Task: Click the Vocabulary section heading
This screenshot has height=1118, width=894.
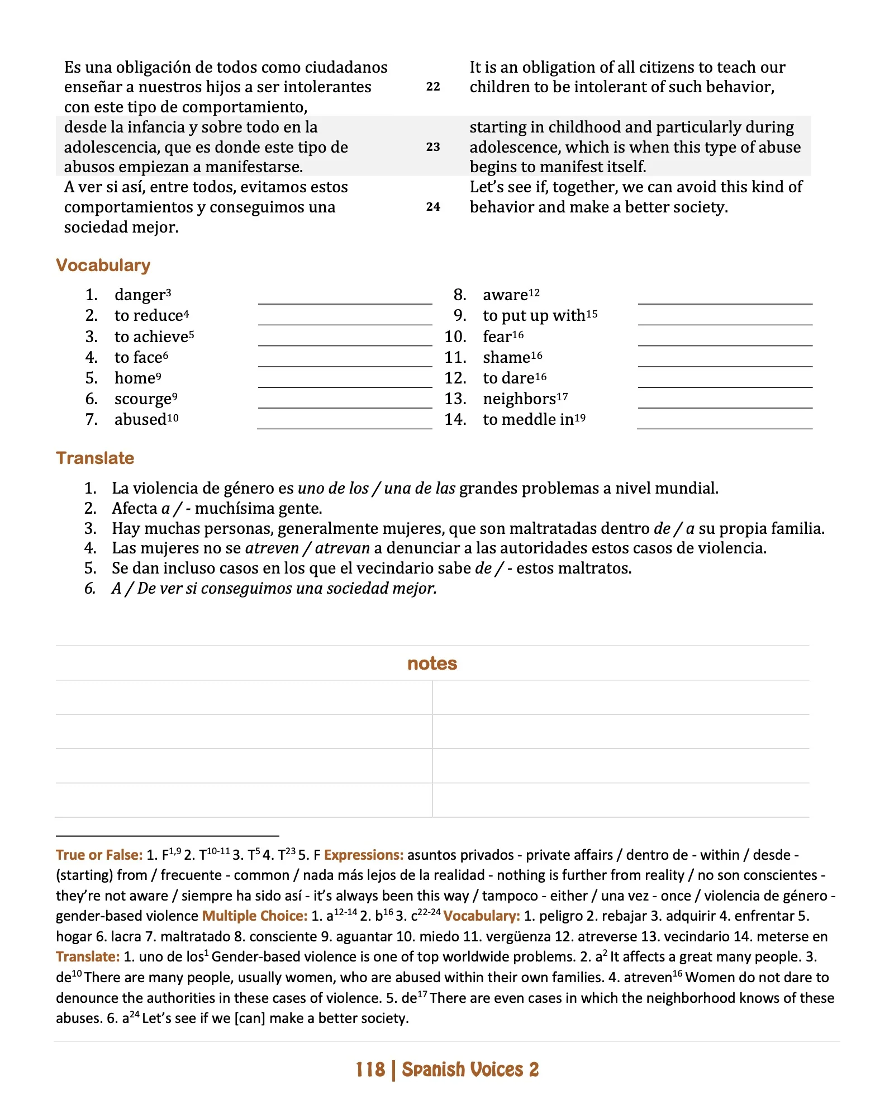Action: [103, 265]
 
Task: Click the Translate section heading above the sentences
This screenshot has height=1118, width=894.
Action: [95, 458]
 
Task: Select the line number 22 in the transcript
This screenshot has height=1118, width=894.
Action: [433, 87]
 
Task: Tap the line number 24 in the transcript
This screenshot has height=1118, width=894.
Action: [433, 207]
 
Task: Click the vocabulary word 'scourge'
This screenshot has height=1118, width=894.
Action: [142, 399]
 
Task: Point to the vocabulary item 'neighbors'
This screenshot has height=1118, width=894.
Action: [520, 399]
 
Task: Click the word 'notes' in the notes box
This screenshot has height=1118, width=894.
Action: [432, 663]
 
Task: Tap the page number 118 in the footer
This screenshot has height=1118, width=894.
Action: [370, 1069]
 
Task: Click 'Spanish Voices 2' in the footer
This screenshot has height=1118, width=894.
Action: [470, 1069]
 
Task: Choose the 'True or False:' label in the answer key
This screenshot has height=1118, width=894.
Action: [99, 855]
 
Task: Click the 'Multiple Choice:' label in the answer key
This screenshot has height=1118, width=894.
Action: [254, 916]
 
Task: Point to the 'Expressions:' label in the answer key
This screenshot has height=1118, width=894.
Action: [364, 855]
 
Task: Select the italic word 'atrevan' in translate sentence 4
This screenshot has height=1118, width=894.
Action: [342, 548]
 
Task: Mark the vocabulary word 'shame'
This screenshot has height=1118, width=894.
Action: [506, 358]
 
